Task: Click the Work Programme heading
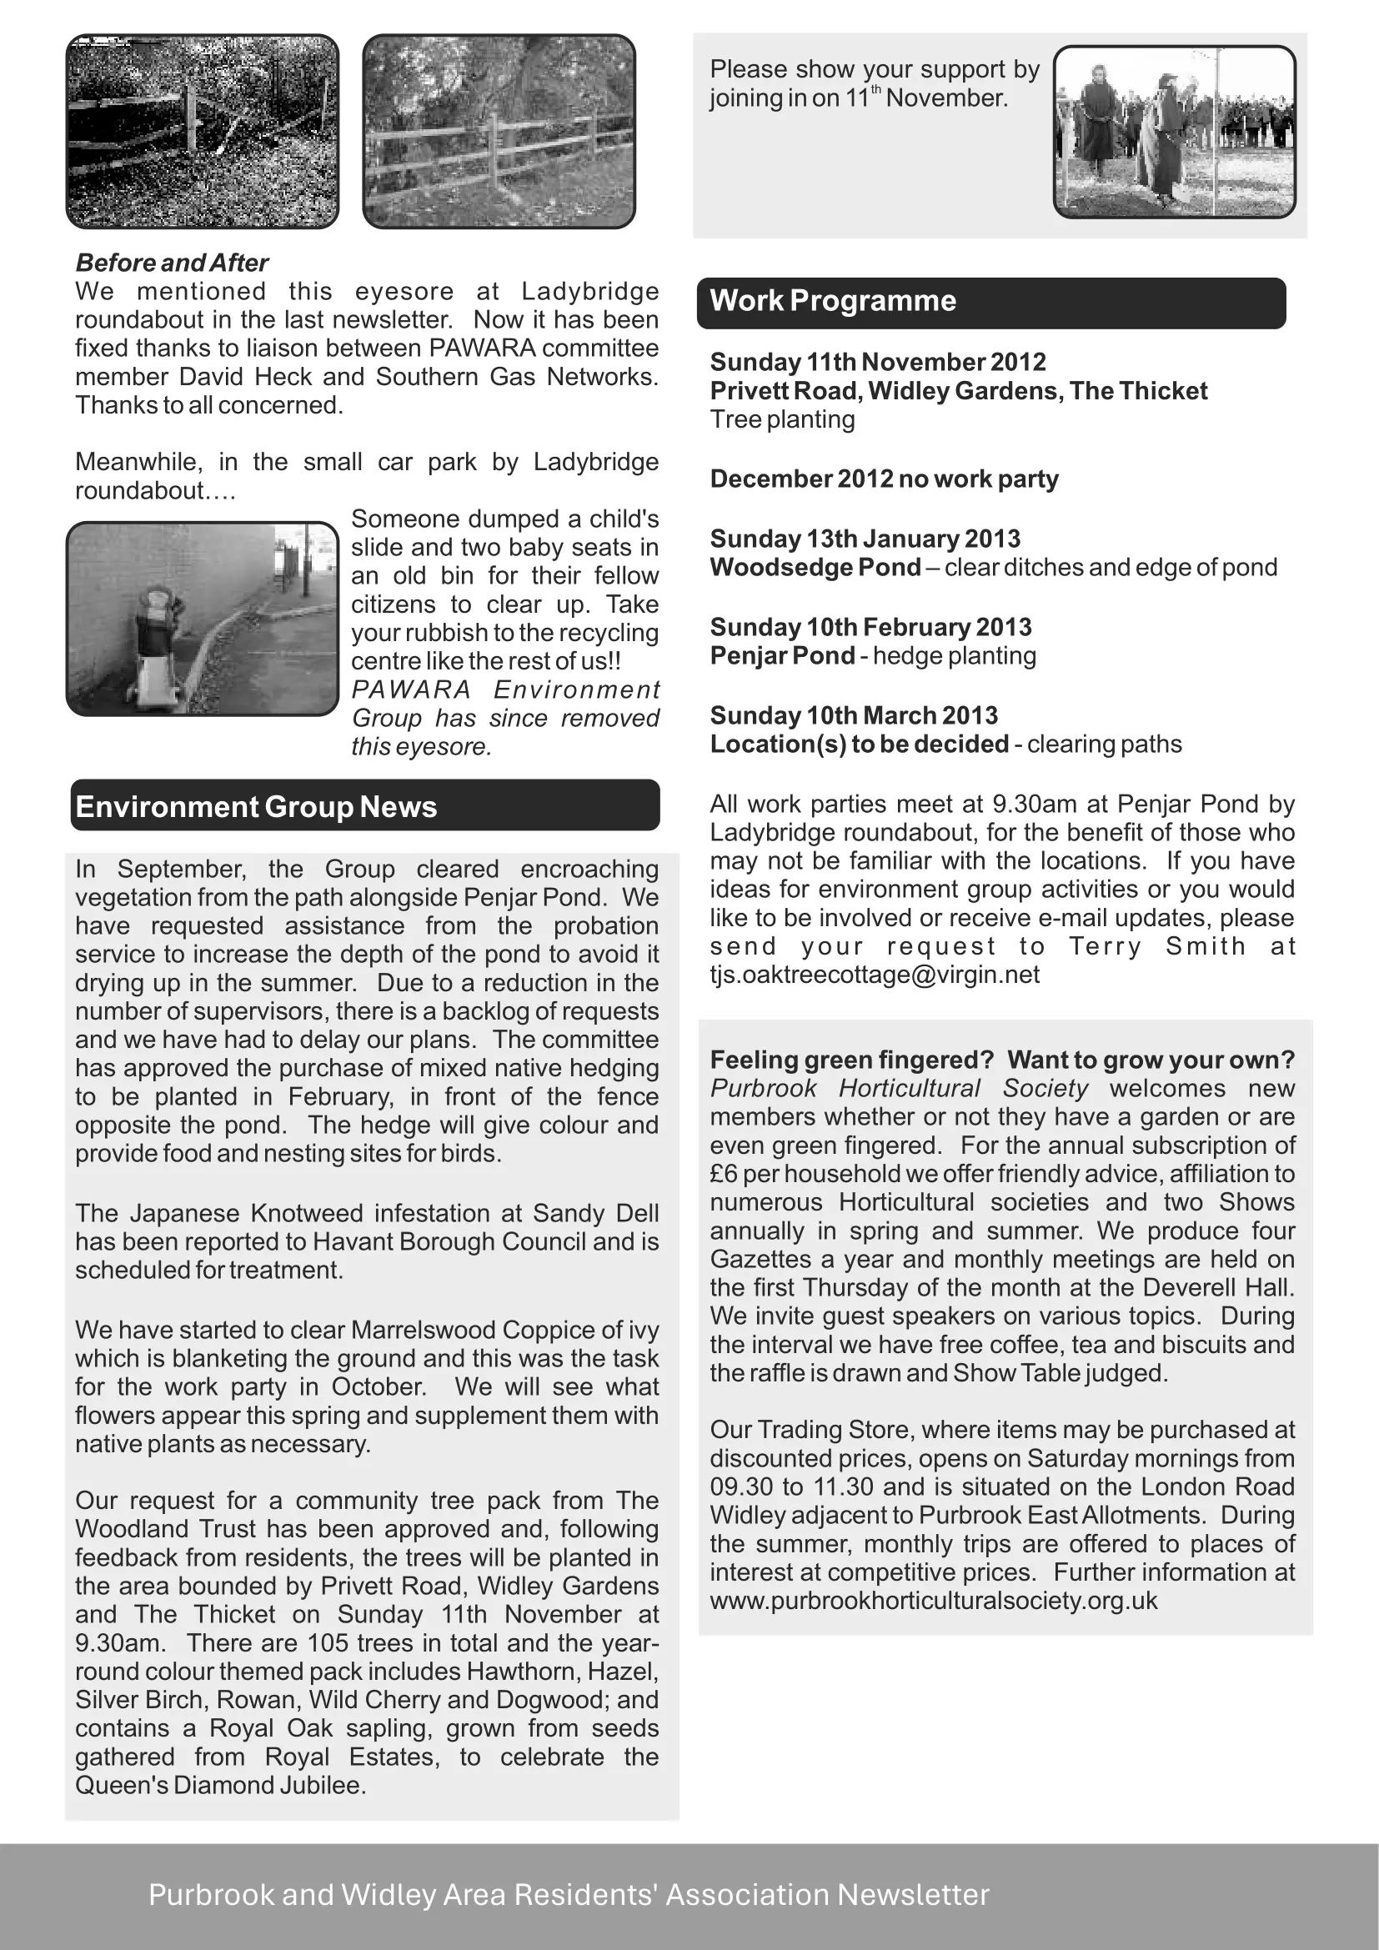(x=833, y=302)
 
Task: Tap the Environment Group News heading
(x=256, y=807)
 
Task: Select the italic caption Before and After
(x=172, y=263)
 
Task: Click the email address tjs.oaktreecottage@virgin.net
(x=875, y=975)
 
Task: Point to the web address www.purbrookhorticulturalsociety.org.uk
(x=933, y=1601)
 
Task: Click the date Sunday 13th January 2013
(x=865, y=539)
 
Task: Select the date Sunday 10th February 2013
(x=870, y=628)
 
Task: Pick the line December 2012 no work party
(x=884, y=480)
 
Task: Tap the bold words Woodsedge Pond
(x=815, y=569)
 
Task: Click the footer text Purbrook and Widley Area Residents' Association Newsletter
(x=569, y=1895)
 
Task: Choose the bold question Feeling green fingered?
(x=852, y=1060)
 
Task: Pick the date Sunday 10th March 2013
(x=854, y=716)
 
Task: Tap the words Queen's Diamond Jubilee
(x=220, y=1785)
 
